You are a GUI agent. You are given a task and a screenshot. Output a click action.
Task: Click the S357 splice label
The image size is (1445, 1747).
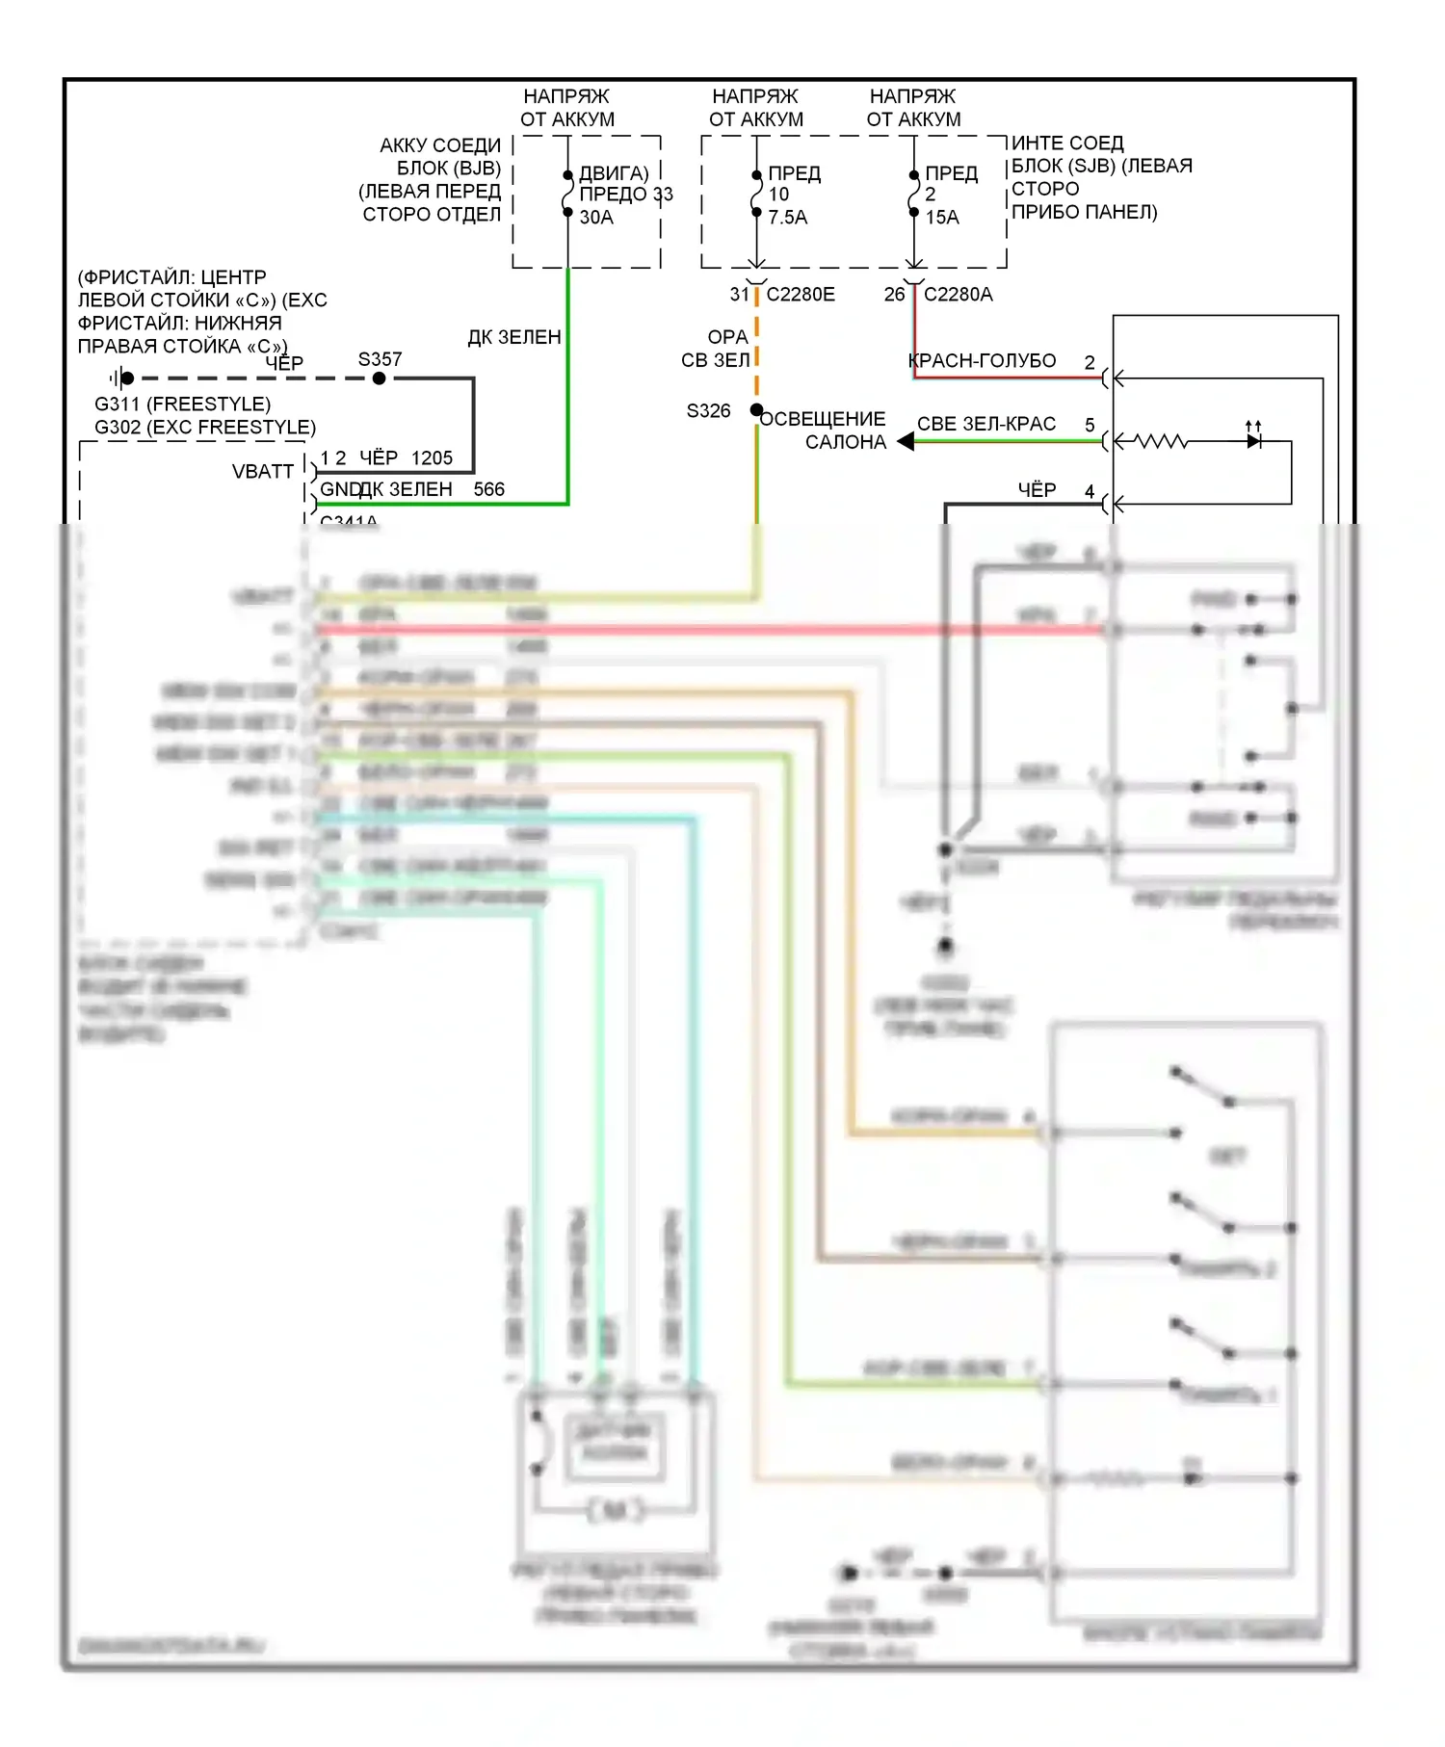380,359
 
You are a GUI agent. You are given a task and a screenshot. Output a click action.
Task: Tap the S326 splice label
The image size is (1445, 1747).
708,411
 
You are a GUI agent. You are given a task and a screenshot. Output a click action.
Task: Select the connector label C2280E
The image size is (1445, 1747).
801,295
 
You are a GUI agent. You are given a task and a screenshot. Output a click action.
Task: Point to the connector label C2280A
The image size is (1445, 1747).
958,295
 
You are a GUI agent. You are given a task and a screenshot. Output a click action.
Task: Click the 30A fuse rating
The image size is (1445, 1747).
596,218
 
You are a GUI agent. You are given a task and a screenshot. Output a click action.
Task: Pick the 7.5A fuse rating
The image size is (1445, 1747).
787,218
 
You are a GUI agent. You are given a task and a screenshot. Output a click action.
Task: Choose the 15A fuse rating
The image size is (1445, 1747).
942,218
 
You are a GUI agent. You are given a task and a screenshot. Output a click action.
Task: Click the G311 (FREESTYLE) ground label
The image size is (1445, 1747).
182,404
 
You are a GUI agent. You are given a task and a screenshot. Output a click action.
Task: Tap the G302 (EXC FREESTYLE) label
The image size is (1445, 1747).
204,428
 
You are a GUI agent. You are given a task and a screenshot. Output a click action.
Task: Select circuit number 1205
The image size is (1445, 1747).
432,458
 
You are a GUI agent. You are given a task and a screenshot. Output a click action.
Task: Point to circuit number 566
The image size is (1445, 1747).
488,489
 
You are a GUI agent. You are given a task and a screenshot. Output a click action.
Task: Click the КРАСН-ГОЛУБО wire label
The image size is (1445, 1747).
983,361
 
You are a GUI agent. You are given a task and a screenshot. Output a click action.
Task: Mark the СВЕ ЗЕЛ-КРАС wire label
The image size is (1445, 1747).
985,424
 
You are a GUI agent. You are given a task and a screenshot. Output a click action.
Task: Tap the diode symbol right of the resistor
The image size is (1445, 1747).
1253,441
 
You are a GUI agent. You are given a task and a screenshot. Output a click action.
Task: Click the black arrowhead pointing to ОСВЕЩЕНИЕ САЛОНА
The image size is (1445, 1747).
906,441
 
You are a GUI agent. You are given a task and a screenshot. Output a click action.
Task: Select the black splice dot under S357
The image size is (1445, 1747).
380,378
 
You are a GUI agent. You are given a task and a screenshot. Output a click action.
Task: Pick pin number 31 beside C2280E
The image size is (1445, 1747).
739,295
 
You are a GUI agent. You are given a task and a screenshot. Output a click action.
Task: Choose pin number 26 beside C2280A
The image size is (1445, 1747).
894,295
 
